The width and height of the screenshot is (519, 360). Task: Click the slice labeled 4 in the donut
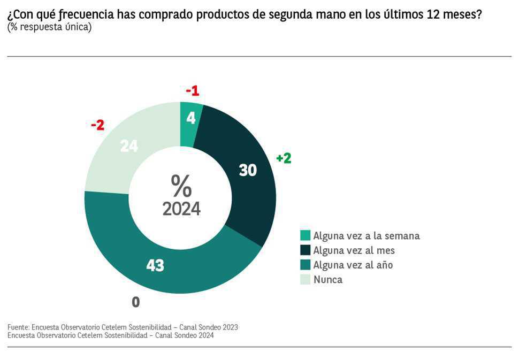coord(191,119)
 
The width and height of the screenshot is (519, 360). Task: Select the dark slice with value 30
coord(248,170)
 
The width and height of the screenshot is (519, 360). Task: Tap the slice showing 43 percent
coord(155,265)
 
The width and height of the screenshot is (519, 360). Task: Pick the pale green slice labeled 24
coord(129,145)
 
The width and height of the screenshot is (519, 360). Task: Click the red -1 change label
coord(192,91)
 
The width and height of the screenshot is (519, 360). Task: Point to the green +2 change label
coord(284,158)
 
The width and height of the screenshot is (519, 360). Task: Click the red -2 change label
coord(97,125)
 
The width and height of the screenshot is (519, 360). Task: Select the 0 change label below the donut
coord(136,302)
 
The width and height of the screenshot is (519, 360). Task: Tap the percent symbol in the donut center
coord(181,186)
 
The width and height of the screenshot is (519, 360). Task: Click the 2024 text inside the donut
coord(181,209)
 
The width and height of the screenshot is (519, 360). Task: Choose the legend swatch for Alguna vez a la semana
coord(305,235)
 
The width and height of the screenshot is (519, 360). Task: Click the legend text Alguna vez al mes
coord(354,250)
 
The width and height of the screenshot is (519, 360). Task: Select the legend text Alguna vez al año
coord(353,265)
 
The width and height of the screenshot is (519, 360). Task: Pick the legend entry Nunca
coord(327,279)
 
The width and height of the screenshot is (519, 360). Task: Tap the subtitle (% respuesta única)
coord(49,27)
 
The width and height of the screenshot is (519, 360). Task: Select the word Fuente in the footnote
coord(18,327)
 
